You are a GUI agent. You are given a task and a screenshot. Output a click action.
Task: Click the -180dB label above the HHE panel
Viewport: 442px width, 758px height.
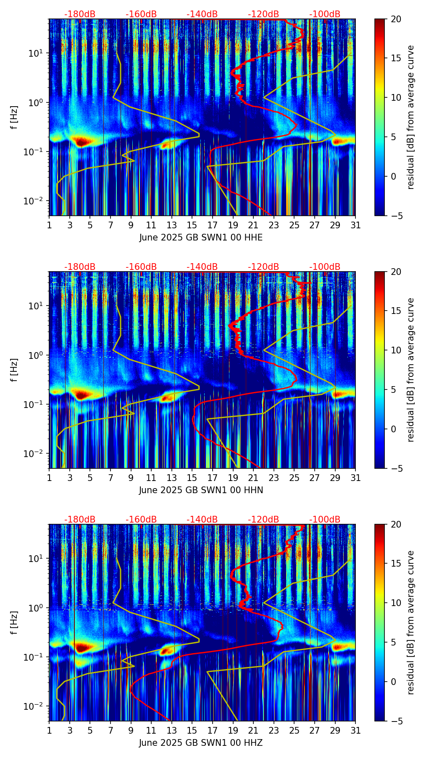click(80, 14)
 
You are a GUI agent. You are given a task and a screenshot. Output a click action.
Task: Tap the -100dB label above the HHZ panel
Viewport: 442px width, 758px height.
click(325, 520)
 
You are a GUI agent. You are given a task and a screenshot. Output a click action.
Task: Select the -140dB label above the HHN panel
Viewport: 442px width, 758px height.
click(202, 267)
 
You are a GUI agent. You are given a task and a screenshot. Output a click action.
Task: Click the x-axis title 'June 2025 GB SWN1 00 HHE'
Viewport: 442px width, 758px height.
click(201, 238)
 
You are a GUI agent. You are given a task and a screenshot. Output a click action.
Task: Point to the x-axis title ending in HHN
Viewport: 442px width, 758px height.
click(201, 490)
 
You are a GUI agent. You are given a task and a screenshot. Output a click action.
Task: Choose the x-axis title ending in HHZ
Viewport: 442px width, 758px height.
click(201, 743)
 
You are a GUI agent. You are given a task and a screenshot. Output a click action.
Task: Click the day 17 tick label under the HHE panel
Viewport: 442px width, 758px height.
click(213, 225)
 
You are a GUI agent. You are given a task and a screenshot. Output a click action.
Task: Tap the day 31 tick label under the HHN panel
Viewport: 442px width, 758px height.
click(355, 478)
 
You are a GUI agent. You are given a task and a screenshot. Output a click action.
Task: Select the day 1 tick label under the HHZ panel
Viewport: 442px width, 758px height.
click(50, 730)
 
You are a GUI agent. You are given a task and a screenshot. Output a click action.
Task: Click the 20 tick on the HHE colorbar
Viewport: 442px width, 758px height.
click(396, 19)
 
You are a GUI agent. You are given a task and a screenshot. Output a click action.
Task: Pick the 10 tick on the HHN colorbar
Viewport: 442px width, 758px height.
click(396, 350)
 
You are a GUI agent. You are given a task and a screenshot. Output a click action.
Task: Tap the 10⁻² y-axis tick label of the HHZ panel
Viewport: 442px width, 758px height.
click(34, 706)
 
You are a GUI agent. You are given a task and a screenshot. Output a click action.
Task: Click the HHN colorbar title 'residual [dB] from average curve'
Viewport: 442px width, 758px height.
click(410, 370)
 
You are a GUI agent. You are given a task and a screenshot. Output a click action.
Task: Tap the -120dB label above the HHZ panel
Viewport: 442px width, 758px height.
click(263, 520)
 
